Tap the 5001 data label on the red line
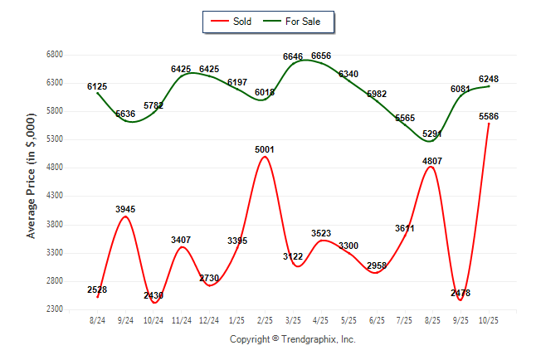pyautogui.click(x=266, y=150)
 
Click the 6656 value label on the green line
pyautogui.click(x=321, y=56)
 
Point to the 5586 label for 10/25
pyautogui.click(x=489, y=117)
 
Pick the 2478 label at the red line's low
pyautogui.click(x=460, y=294)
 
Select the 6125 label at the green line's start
pyautogui.click(x=97, y=86)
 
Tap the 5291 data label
pyautogui.click(x=432, y=134)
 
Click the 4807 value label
pyautogui.click(x=432, y=161)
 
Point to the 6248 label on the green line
pyautogui.click(x=489, y=80)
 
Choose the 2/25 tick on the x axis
pyautogui.click(x=266, y=320)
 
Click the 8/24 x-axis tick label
pyautogui.click(x=97, y=320)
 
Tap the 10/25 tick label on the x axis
pyautogui.click(x=489, y=320)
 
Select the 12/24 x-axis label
pyautogui.click(x=209, y=320)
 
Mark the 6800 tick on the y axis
pyautogui.click(x=55, y=55)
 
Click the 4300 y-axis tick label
pyautogui.click(x=55, y=197)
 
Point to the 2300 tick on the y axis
pyautogui.click(x=55, y=309)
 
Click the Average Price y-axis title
pyautogui.click(x=32, y=182)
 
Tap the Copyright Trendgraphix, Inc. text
pyautogui.click(x=292, y=340)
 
